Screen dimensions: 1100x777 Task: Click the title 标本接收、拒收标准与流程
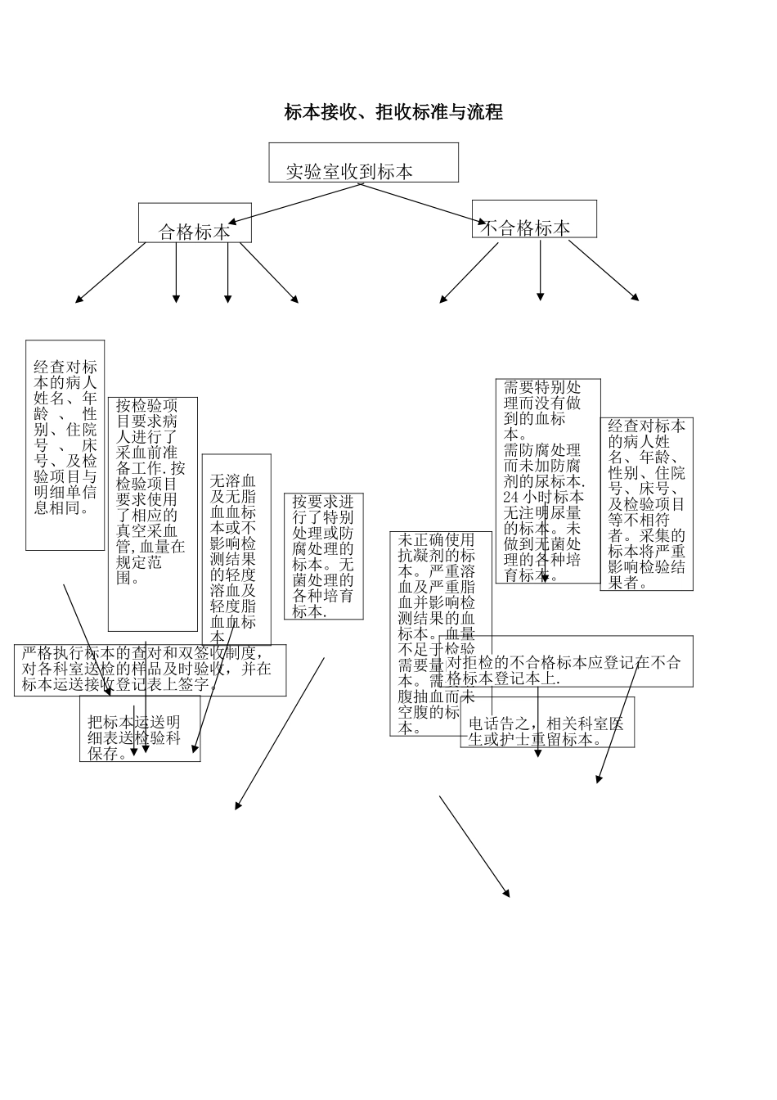coord(393,112)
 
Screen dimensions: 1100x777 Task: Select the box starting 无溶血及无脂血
coord(236,548)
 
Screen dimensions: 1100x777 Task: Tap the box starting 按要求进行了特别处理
coord(324,557)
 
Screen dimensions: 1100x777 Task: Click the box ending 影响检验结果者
coord(647,503)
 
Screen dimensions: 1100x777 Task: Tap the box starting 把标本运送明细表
coord(139,737)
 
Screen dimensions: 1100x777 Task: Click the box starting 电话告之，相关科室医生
coord(546,731)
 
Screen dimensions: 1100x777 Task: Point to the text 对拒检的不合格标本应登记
coord(564,663)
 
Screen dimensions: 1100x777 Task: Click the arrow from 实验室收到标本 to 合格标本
coord(294,204)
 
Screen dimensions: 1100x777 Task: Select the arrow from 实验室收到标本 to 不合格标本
coord(425,204)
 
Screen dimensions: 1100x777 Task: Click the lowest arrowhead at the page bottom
coord(507,893)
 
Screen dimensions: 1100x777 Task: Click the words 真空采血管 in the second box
coord(147,530)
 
